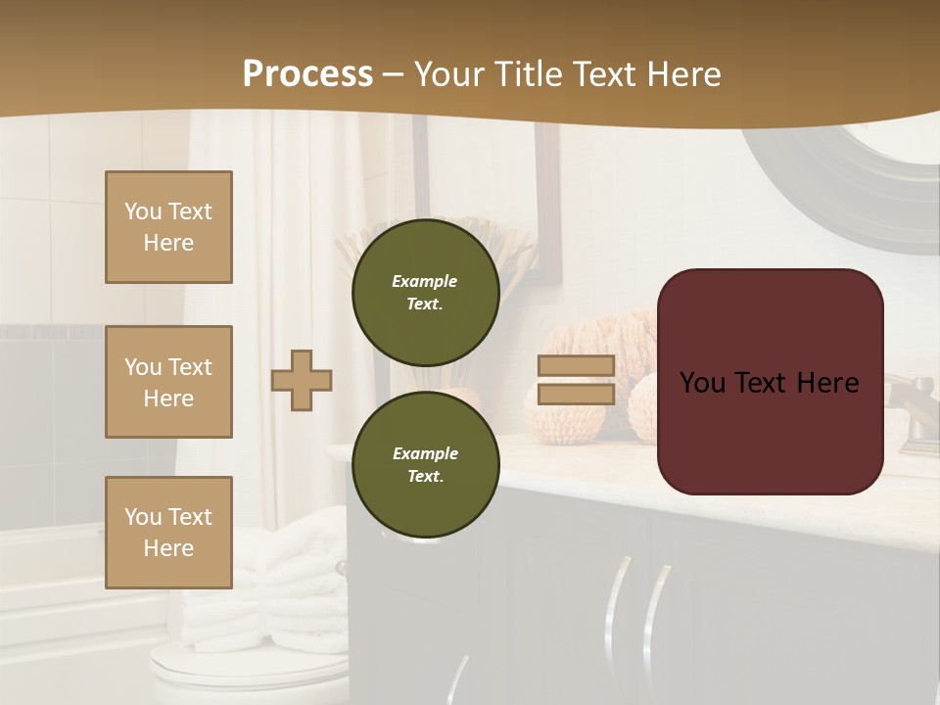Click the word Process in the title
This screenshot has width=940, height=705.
click(307, 74)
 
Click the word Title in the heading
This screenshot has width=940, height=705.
click(528, 74)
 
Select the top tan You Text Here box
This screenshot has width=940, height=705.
click(168, 227)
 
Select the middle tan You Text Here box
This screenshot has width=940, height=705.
click(168, 382)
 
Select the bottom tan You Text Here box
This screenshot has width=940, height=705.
click(168, 532)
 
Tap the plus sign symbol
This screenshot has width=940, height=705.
click(302, 380)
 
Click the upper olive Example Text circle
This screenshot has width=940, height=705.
click(425, 292)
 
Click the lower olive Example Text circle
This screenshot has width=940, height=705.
click(425, 464)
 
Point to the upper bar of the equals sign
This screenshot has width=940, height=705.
click(576, 365)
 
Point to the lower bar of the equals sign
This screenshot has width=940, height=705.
click(576, 394)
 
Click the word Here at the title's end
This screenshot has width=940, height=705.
click(683, 74)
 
